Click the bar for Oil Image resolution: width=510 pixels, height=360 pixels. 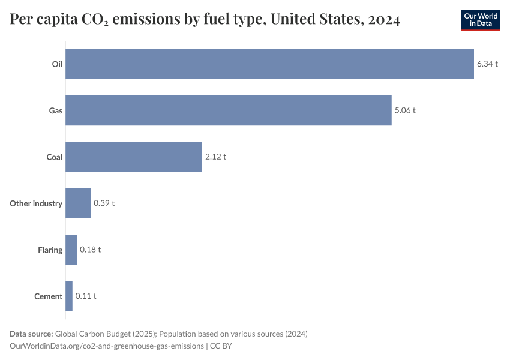pyautogui.click(x=269, y=64)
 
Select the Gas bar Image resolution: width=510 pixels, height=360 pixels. pyautogui.click(x=228, y=110)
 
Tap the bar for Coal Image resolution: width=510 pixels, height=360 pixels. pyautogui.click(x=133, y=157)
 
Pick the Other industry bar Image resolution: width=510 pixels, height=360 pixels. pyautogui.click(x=78, y=203)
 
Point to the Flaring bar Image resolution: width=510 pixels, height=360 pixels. pyautogui.click(x=71, y=250)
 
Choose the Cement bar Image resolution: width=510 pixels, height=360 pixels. pyautogui.click(x=69, y=296)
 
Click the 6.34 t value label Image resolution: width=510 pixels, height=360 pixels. pyautogui.click(x=487, y=64)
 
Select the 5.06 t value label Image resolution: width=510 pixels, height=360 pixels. pyautogui.click(x=405, y=110)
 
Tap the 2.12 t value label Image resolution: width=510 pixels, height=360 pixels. pyautogui.click(x=215, y=157)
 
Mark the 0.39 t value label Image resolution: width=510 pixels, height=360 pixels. pyautogui.click(x=104, y=203)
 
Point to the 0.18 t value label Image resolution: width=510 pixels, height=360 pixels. pyautogui.click(x=90, y=250)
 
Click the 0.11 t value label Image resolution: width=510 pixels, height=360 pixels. pyautogui.click(x=86, y=296)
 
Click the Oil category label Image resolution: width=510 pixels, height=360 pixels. pyautogui.click(x=57, y=64)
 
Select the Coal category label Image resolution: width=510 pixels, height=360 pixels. pyautogui.click(x=55, y=157)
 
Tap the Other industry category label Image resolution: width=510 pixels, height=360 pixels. pyautogui.click(x=36, y=203)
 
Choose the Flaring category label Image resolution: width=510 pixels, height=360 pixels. pyautogui.click(x=50, y=250)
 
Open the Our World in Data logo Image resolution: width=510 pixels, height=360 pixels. pyautogui.click(x=481, y=20)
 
